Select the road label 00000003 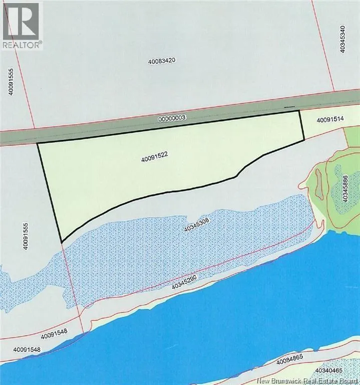[172, 118]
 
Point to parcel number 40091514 [330, 120]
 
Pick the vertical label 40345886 [345, 188]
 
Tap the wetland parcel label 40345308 [199, 228]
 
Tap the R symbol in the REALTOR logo [21, 20]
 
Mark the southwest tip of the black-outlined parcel [62, 242]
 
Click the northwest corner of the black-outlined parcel [38, 144]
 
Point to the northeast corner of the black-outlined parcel [299, 111]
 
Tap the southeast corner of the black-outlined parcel [304, 140]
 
